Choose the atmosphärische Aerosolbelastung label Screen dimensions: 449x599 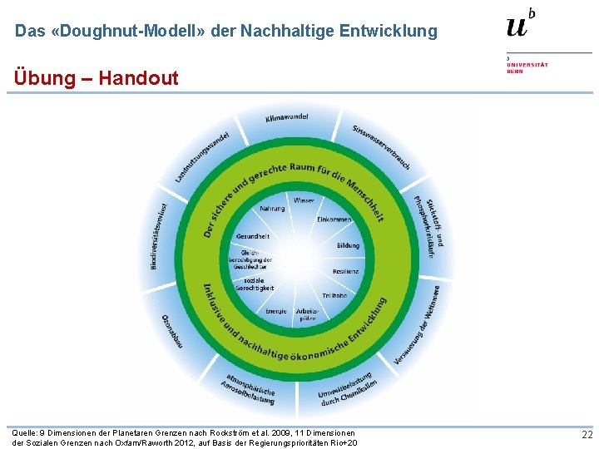point(248,385)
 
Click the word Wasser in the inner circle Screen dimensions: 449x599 point(304,201)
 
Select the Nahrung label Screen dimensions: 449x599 point(272,209)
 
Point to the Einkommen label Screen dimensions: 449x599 point(334,220)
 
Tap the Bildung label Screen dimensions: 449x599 point(348,245)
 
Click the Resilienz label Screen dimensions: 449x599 point(345,271)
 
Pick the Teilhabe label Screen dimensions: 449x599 point(334,295)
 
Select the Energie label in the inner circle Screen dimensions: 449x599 point(276,311)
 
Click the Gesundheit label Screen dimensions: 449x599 point(252,236)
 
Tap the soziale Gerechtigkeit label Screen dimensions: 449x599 point(255,284)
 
